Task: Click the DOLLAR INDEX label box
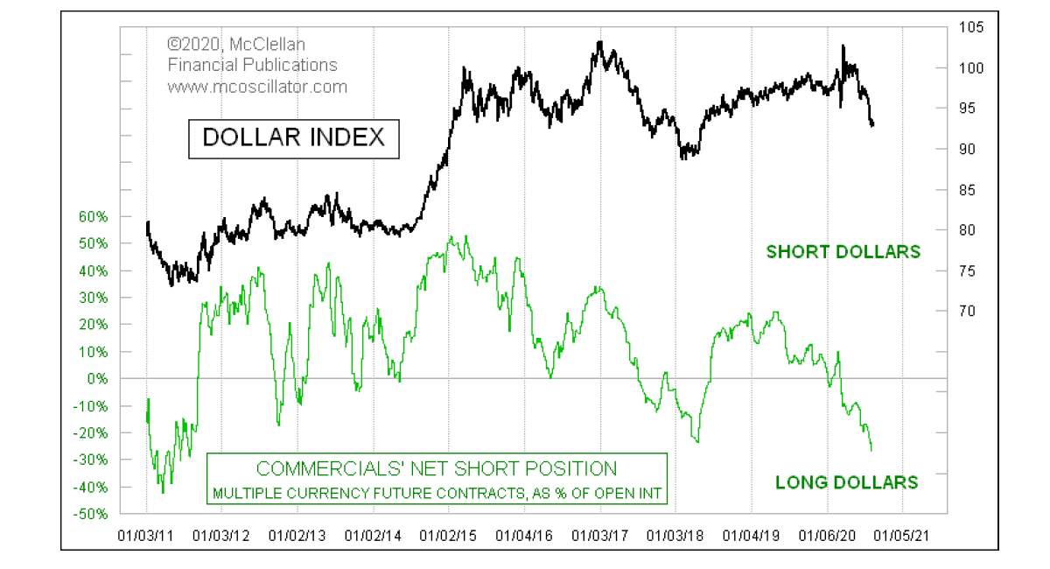pyautogui.click(x=294, y=137)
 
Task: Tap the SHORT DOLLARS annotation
pyautogui.click(x=843, y=252)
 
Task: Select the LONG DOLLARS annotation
pyautogui.click(x=846, y=482)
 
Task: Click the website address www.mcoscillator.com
pyautogui.click(x=257, y=87)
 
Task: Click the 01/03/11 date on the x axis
pyautogui.click(x=146, y=533)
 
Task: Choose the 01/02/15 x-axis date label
pyautogui.click(x=449, y=533)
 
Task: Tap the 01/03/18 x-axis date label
pyautogui.click(x=676, y=533)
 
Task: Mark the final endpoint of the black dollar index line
pyautogui.click(x=873, y=125)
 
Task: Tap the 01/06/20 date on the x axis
pyautogui.click(x=828, y=533)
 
